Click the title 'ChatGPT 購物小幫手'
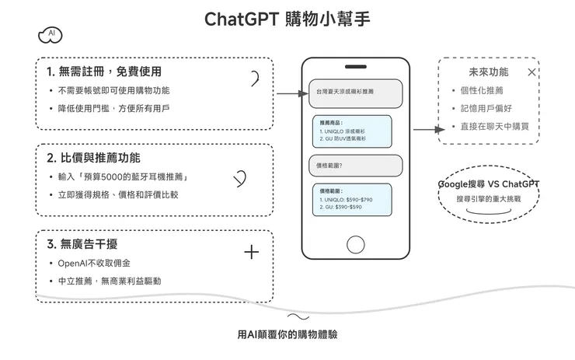[287, 18]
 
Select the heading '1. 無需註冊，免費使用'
[103, 72]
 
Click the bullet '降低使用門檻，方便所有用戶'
[113, 108]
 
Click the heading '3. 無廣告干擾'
[82, 244]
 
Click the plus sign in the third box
[251, 252]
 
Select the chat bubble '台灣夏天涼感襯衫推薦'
[355, 92]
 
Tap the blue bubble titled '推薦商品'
[353, 131]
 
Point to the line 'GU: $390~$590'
[340, 207]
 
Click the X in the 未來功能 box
[531, 72]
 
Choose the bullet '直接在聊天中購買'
[495, 126]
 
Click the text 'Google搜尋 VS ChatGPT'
[488, 184]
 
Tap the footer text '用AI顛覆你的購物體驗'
[287, 334]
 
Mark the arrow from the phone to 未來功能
[424, 130]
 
